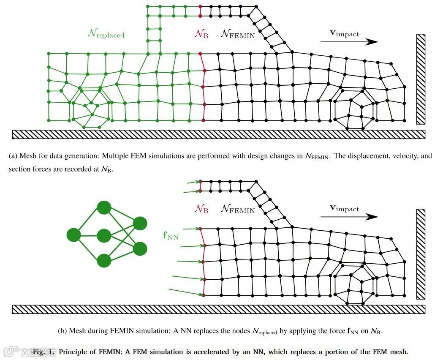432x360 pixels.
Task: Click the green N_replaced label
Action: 106,34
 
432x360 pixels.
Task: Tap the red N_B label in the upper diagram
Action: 201,34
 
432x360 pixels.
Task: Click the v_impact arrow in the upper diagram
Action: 349,41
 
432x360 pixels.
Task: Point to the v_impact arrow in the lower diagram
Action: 349,216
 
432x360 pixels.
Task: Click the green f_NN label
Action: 171,235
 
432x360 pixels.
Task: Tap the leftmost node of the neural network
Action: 74,235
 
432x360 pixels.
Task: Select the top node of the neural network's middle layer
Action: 104,208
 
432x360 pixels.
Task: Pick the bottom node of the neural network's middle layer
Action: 104,260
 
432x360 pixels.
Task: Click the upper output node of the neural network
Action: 140,223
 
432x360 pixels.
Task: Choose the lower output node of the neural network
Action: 140,248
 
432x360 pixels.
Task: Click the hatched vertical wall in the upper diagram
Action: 421,79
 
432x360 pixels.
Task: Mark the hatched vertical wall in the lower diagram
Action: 421,254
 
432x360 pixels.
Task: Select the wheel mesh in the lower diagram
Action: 355,284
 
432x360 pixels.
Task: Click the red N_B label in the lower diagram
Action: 201,209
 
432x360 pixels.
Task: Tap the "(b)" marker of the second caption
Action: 62,331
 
